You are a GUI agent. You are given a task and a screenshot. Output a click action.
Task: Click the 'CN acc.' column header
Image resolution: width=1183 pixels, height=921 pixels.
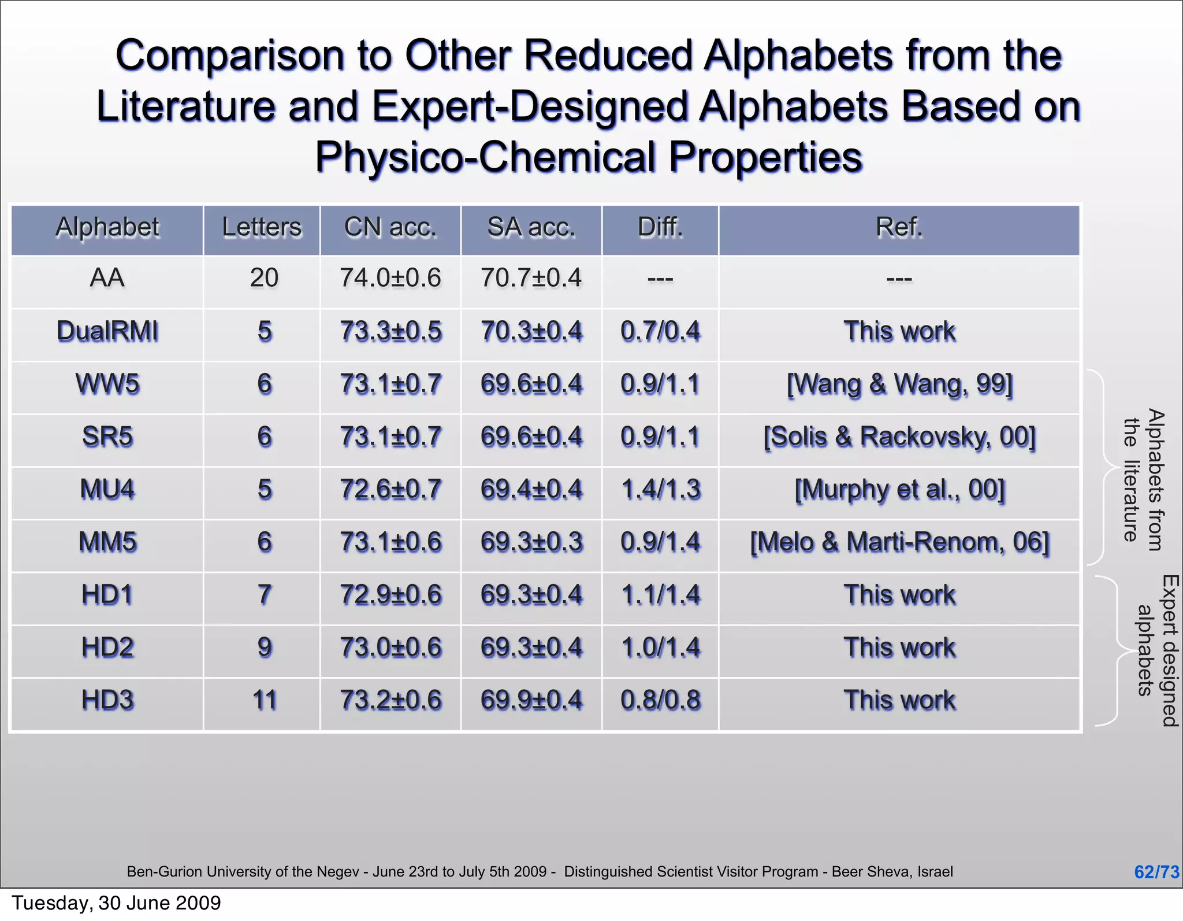tap(390, 227)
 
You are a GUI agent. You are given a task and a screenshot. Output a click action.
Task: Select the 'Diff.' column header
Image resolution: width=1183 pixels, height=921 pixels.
tap(660, 227)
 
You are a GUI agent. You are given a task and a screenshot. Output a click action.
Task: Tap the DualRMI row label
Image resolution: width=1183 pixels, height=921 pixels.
tap(107, 331)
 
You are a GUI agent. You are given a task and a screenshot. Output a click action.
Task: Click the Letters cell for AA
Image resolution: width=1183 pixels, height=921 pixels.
tap(264, 278)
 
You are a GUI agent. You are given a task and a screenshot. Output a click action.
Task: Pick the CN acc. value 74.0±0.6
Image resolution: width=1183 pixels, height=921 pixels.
tap(390, 278)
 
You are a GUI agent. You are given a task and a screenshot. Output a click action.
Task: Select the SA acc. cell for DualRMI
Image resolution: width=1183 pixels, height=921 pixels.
tap(531, 331)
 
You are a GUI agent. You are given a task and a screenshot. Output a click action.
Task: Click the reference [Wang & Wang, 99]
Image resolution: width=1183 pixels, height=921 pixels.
tap(899, 384)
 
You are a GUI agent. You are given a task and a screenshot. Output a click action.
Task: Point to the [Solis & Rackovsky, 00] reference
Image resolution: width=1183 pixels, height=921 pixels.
tap(899, 437)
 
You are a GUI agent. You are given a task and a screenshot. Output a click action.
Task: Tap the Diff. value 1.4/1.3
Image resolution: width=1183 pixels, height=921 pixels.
tap(660, 490)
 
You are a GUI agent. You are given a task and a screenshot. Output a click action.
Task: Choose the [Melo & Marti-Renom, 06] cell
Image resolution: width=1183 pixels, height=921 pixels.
tap(899, 542)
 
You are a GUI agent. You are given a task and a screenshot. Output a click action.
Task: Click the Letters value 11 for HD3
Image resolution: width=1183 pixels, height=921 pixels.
tap(264, 700)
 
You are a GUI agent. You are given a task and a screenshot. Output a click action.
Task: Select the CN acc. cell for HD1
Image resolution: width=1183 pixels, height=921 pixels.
tap(390, 595)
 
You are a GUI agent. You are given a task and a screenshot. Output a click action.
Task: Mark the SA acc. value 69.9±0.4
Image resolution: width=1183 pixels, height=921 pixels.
tap(531, 700)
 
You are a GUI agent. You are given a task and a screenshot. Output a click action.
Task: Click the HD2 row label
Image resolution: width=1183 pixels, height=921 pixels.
tap(107, 648)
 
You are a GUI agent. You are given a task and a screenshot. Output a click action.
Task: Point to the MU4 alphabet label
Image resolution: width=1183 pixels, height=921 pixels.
tap(107, 490)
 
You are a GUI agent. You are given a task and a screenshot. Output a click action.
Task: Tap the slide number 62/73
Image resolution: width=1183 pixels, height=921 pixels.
tap(1156, 872)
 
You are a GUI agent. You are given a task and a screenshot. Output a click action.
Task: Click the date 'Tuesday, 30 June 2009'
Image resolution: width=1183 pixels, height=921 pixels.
tap(116, 903)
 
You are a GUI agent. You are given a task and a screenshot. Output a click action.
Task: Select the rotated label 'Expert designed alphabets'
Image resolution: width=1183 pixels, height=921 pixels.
tap(1158, 650)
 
